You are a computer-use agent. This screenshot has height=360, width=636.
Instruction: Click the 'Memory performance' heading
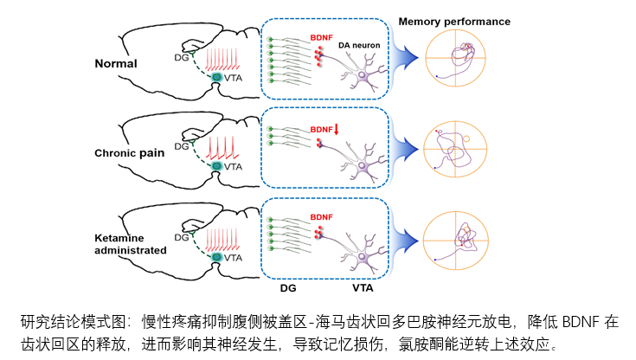tap(453, 21)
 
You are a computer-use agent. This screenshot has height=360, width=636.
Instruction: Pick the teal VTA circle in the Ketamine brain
tap(218, 255)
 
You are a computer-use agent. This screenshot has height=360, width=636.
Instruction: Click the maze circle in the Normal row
tap(461, 59)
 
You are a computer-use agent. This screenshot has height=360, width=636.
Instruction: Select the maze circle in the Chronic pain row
tap(461, 148)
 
